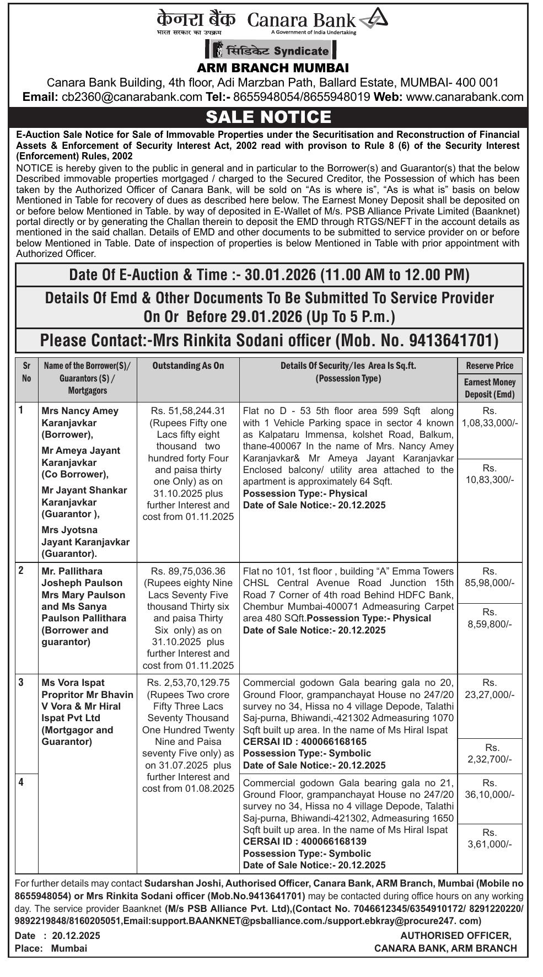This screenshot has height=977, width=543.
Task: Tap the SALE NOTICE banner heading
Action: (268, 117)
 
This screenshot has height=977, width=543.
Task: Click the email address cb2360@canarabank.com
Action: (132, 97)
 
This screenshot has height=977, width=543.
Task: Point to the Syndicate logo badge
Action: (271, 51)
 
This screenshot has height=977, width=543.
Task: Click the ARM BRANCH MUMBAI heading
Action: (273, 68)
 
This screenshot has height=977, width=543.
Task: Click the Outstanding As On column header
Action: (188, 366)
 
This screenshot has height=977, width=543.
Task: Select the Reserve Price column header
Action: (490, 366)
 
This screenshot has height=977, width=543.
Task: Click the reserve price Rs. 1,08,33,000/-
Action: (490, 423)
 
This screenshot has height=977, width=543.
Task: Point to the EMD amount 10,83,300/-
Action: (490, 480)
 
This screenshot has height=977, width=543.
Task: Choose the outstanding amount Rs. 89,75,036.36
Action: (188, 571)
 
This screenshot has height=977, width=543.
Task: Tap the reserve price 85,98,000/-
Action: (490, 583)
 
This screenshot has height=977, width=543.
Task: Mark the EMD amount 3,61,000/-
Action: (490, 844)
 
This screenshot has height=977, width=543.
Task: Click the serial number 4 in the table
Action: (21, 781)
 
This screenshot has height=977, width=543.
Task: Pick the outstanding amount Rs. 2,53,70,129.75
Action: (188, 683)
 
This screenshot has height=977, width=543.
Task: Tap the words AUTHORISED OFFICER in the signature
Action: (455, 935)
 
